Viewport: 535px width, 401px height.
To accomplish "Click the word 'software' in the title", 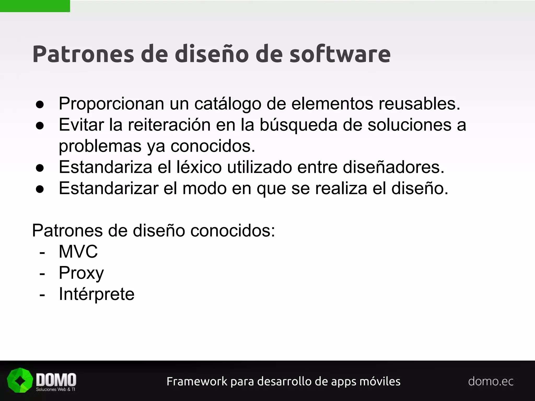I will click(340, 54).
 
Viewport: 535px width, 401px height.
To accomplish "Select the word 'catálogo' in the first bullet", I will click(228, 104).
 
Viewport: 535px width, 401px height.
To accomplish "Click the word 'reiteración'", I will click(169, 125).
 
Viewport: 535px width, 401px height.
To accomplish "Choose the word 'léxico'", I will click(199, 167).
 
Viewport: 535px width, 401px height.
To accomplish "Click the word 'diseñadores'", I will click(393, 167).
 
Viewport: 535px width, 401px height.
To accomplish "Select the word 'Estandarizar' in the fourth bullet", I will click(109, 188).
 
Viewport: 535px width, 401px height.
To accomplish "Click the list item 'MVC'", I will click(78, 252).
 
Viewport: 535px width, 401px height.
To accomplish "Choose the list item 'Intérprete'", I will click(96, 294).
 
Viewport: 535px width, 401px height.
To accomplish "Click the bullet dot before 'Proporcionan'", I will click(40, 105).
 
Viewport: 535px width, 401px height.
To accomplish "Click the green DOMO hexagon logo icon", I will click(20, 380).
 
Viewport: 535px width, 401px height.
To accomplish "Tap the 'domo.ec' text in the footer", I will click(491, 381).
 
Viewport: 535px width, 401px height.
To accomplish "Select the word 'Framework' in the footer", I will click(197, 381).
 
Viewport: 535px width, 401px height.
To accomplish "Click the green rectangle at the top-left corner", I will click(35, 6).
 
